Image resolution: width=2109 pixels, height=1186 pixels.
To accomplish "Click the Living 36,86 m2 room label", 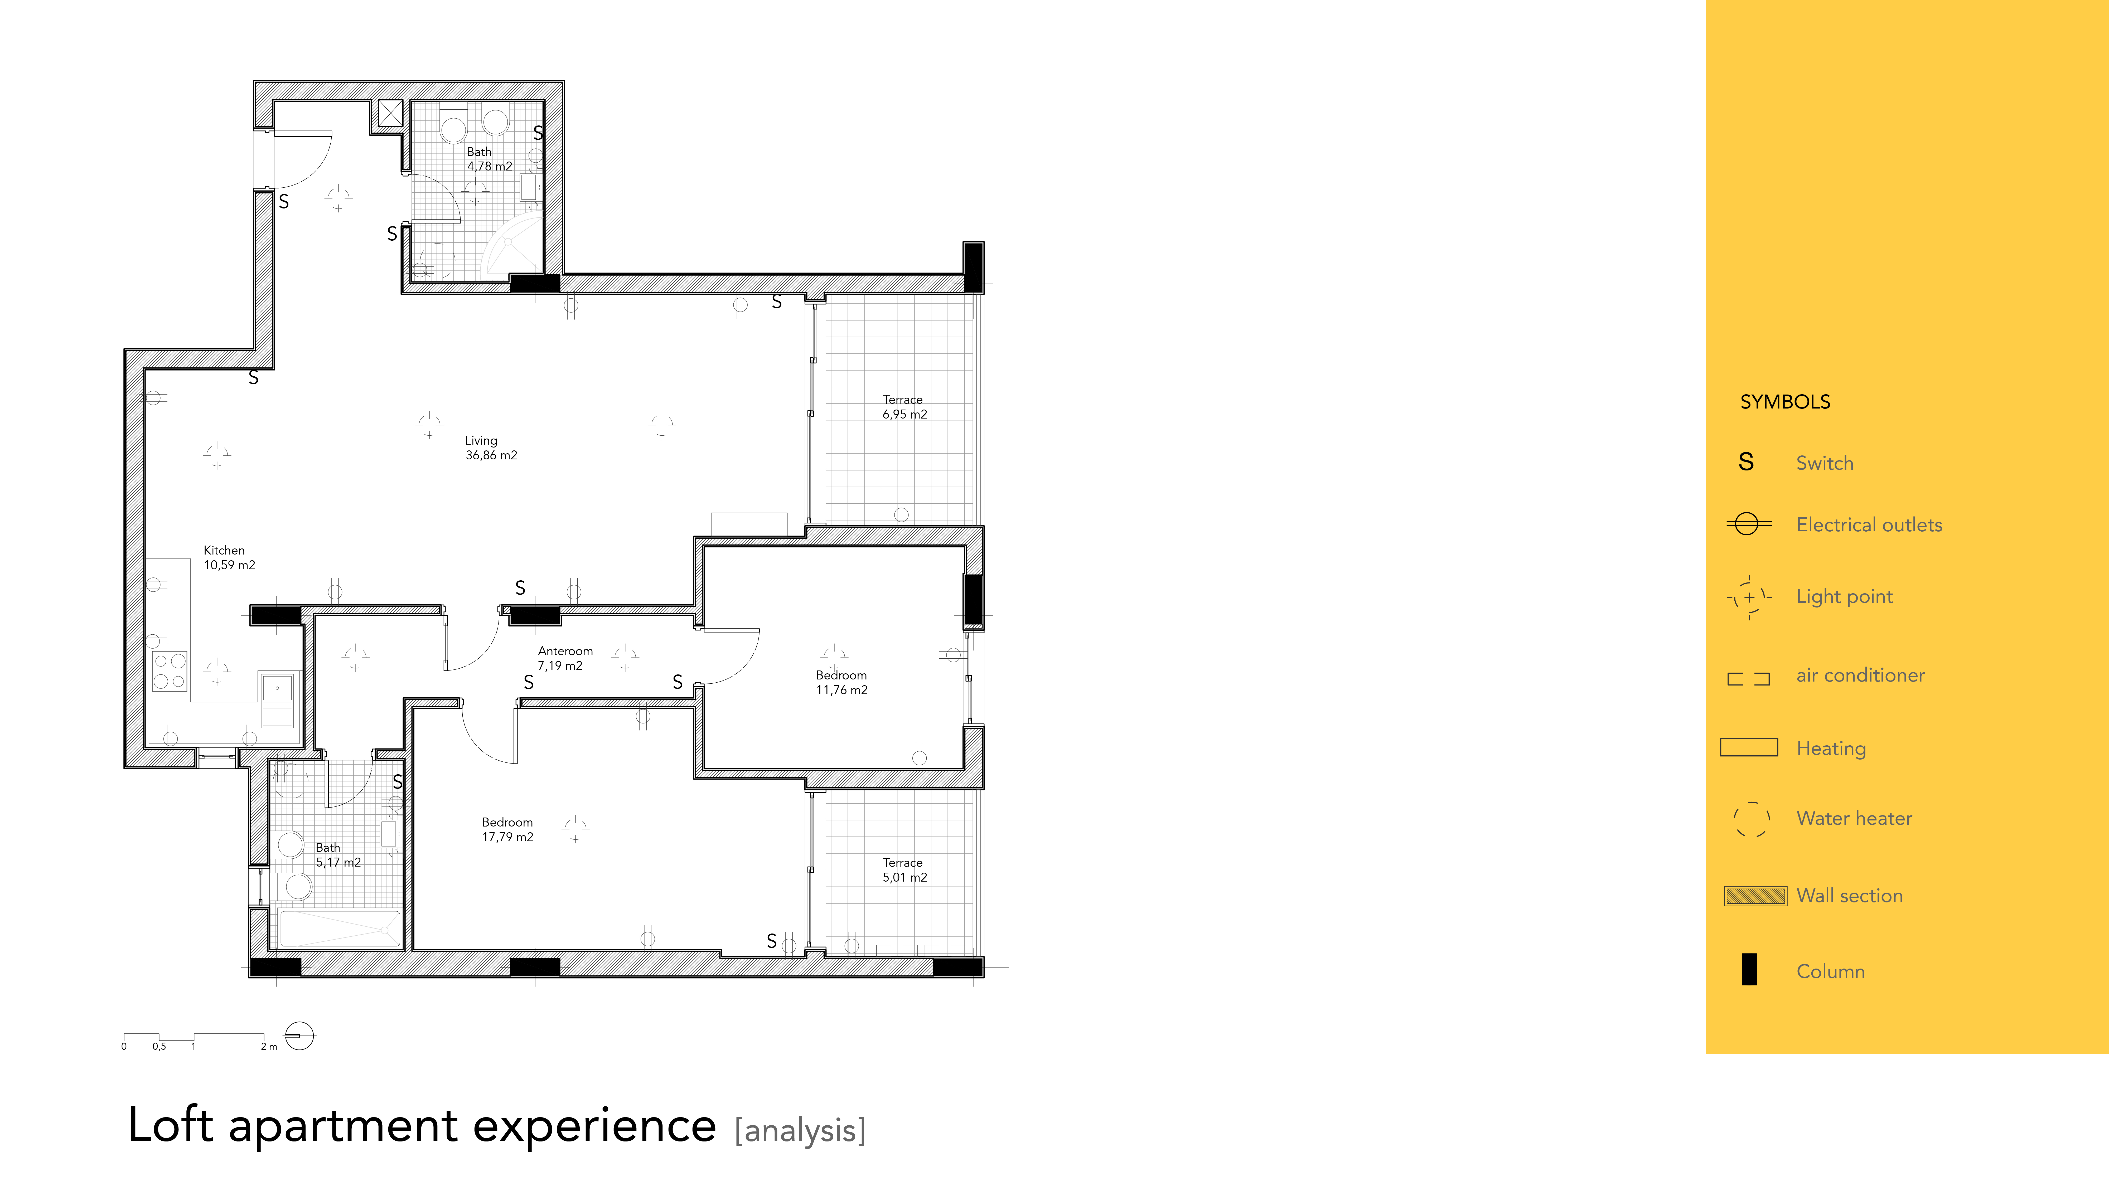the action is [x=491, y=448].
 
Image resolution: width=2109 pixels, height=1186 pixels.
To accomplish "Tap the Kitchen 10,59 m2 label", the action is [x=229, y=557].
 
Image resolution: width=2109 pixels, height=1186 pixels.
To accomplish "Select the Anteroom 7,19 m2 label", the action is [x=565, y=658].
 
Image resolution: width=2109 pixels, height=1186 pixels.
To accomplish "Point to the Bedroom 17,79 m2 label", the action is [x=507, y=829].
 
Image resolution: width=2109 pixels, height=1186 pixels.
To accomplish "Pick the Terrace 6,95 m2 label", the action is [x=905, y=407].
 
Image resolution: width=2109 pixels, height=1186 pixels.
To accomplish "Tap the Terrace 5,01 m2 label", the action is [x=905, y=869].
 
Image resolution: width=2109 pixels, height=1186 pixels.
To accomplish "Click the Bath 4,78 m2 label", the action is [x=490, y=159].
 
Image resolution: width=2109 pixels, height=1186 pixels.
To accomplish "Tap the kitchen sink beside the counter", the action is [x=278, y=700].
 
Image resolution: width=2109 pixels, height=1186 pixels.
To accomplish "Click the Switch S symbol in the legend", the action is [x=1746, y=463].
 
